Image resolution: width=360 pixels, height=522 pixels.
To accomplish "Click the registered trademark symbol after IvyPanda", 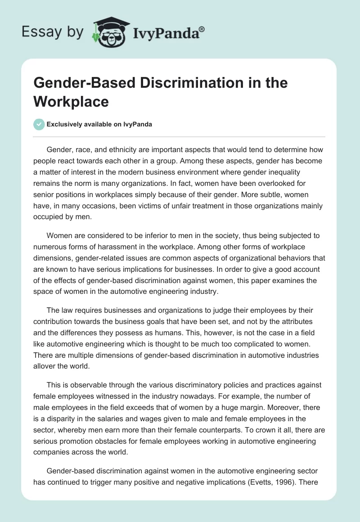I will click(202, 28).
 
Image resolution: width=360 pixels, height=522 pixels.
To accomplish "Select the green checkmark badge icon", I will click(39, 124).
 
